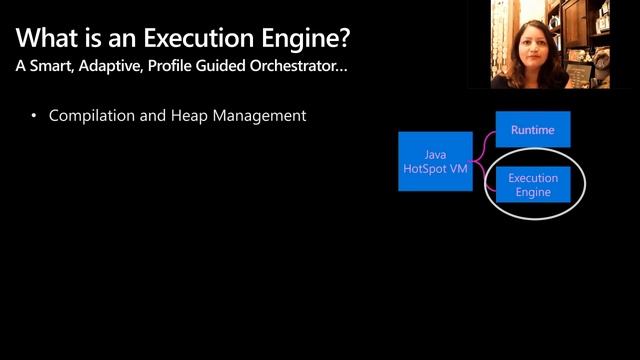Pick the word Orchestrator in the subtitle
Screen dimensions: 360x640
299,69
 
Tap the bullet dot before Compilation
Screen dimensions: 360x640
34,117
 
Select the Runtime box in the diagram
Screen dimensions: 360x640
533,130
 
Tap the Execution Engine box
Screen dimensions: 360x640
533,185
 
